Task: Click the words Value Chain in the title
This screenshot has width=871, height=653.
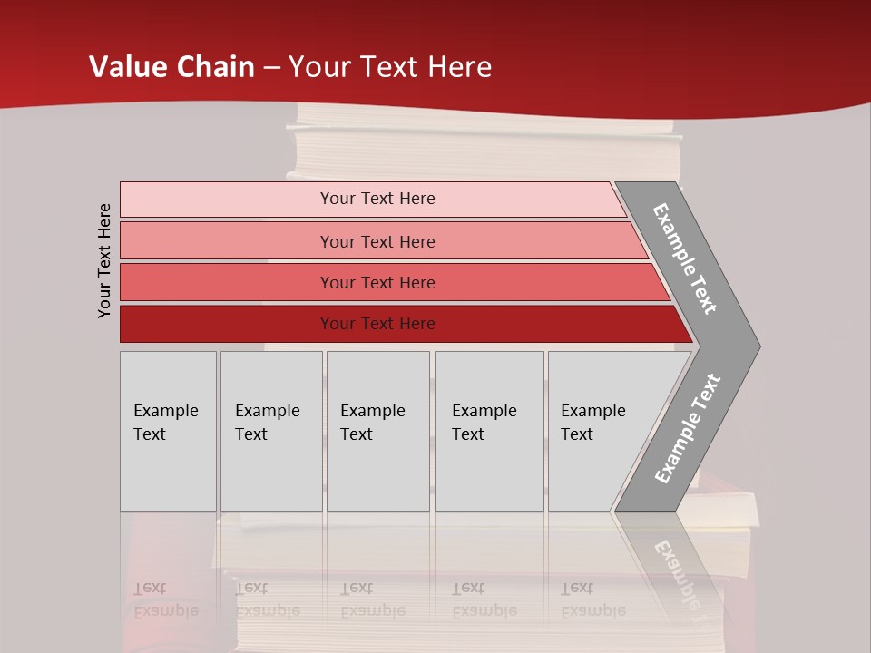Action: point(171,67)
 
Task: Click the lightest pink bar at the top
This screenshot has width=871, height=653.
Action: point(227,200)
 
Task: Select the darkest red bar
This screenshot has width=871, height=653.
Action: point(227,324)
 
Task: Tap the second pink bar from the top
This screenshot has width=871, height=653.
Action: point(227,241)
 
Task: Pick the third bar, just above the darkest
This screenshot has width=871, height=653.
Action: point(227,282)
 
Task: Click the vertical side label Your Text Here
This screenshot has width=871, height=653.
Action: point(104,260)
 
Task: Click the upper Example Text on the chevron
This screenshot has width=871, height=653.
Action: point(685,258)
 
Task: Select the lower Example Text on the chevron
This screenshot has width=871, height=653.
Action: point(687,429)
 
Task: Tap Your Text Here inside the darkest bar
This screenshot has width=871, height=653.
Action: point(377,324)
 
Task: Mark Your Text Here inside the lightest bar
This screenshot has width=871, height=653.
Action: point(377,199)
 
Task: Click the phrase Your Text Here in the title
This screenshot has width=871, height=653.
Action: point(390,67)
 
